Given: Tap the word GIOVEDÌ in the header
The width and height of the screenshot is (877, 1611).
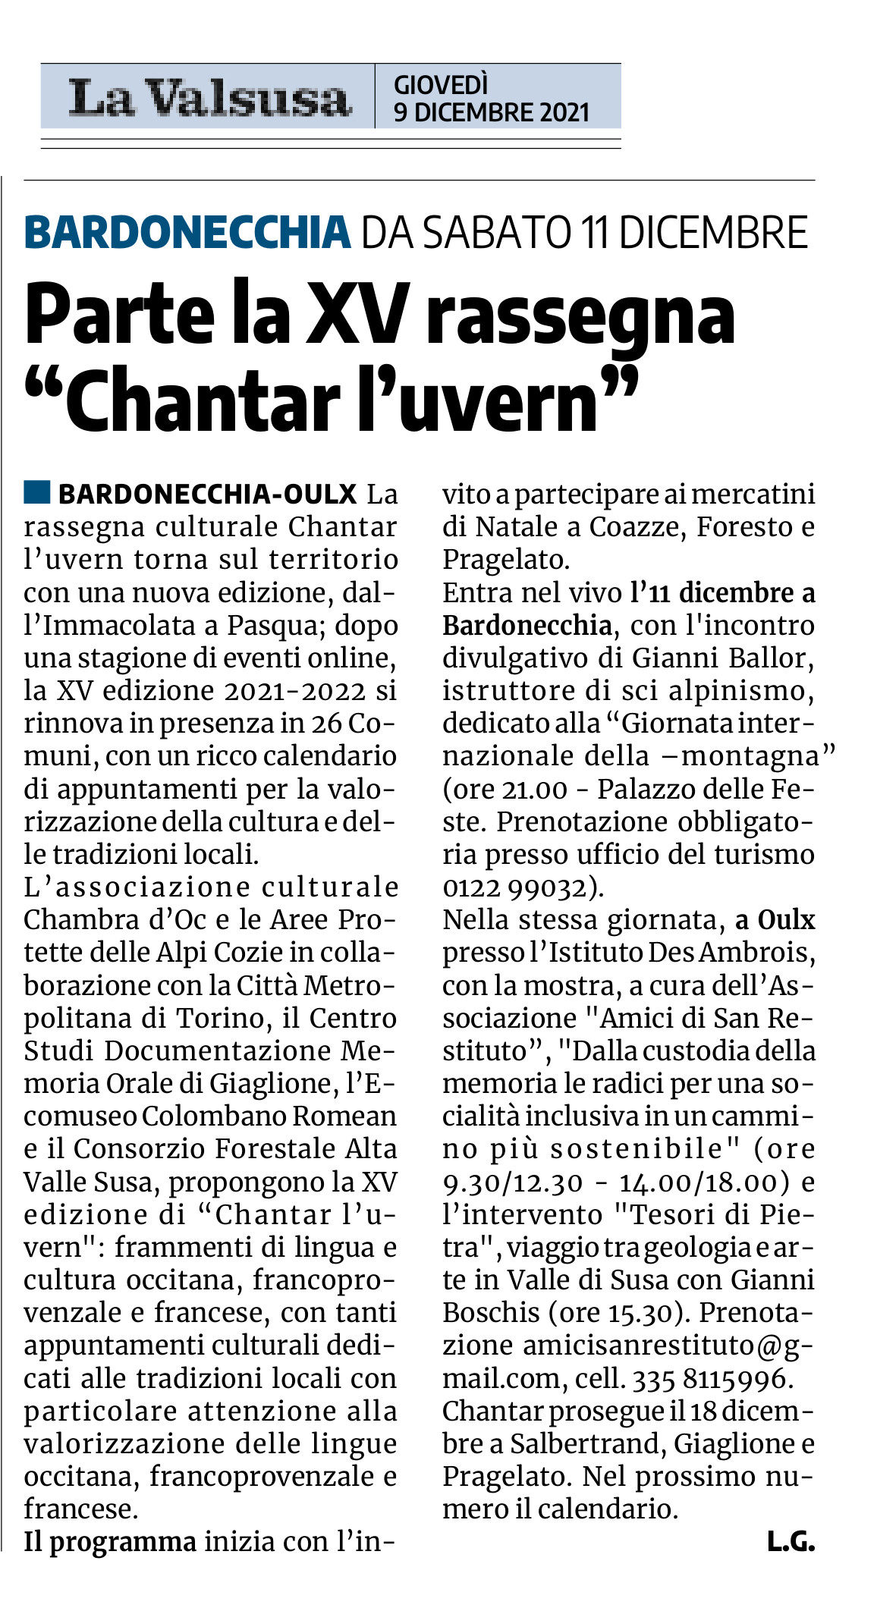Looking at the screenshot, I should point(441,84).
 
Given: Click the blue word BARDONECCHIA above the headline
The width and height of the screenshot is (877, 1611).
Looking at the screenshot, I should point(187,233).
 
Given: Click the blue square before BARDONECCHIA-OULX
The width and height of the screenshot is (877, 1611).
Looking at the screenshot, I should point(36,492).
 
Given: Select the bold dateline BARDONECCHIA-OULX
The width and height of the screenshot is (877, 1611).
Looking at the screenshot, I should point(207,495).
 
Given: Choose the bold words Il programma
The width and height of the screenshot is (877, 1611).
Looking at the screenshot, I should point(110,1542).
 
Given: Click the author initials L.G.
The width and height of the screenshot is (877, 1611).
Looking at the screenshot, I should point(791,1541).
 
